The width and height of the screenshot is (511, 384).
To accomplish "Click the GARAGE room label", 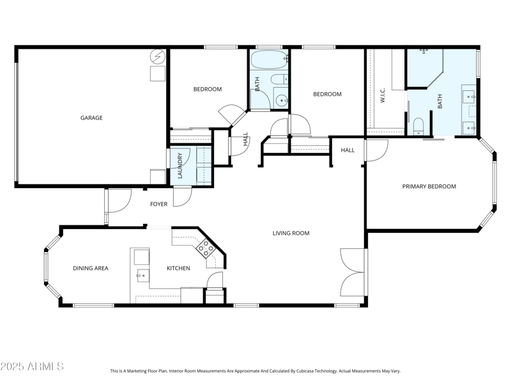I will (91, 118).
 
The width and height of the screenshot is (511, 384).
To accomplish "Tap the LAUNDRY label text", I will (181, 165).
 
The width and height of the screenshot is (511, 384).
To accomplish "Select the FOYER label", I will (158, 204).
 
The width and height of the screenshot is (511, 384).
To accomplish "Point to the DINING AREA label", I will (90, 268).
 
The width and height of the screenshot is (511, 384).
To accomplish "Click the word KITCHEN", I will (178, 268).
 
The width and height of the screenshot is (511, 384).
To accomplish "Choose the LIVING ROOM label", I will (291, 233).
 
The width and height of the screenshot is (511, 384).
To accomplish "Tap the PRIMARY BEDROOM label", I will (429, 186).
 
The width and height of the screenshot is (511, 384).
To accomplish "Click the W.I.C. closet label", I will (383, 95).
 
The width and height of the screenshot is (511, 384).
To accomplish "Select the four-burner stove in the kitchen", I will (206, 248).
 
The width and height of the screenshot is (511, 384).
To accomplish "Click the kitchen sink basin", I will (141, 257).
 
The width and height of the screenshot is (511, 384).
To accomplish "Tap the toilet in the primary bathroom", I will (418, 126).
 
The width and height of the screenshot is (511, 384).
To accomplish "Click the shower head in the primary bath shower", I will (423, 51).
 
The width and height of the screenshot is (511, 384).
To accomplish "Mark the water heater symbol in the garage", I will (156, 57).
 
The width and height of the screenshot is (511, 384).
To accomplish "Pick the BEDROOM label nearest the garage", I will (208, 89).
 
